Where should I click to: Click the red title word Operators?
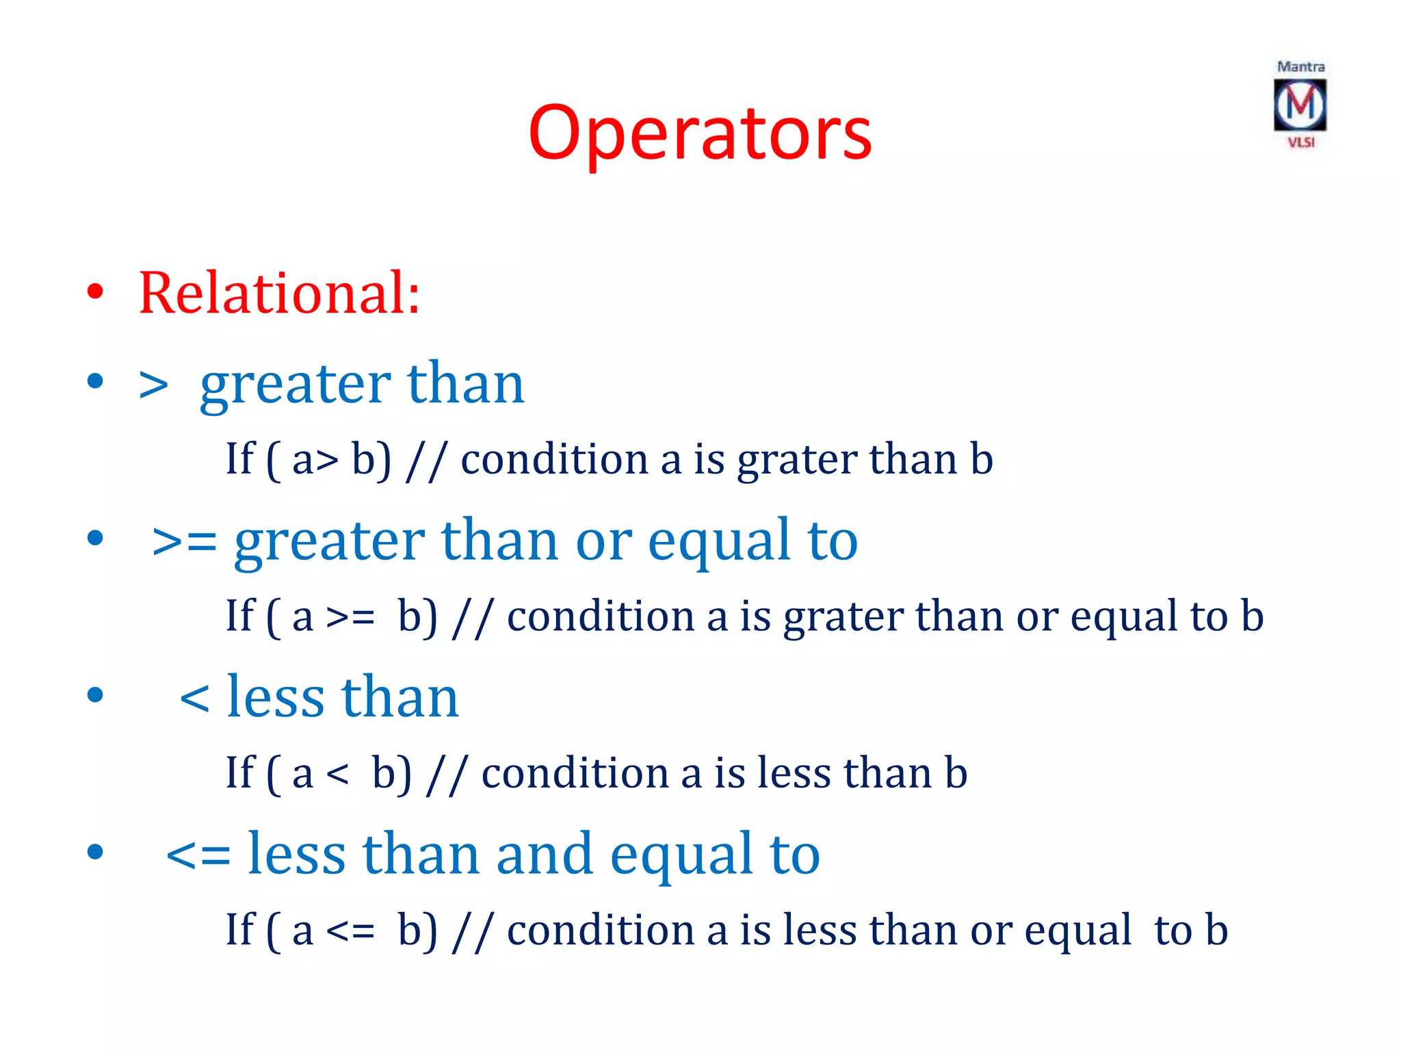click(700, 133)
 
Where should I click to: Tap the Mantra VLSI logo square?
click(1300, 105)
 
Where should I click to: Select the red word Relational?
click(279, 293)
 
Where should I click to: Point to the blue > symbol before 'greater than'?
click(153, 385)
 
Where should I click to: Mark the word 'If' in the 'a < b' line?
click(240, 773)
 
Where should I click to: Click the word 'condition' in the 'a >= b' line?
click(600, 616)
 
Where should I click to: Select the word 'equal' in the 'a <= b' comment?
click(1077, 932)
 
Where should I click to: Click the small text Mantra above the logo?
click(1300, 67)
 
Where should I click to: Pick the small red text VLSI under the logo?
click(1301, 142)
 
